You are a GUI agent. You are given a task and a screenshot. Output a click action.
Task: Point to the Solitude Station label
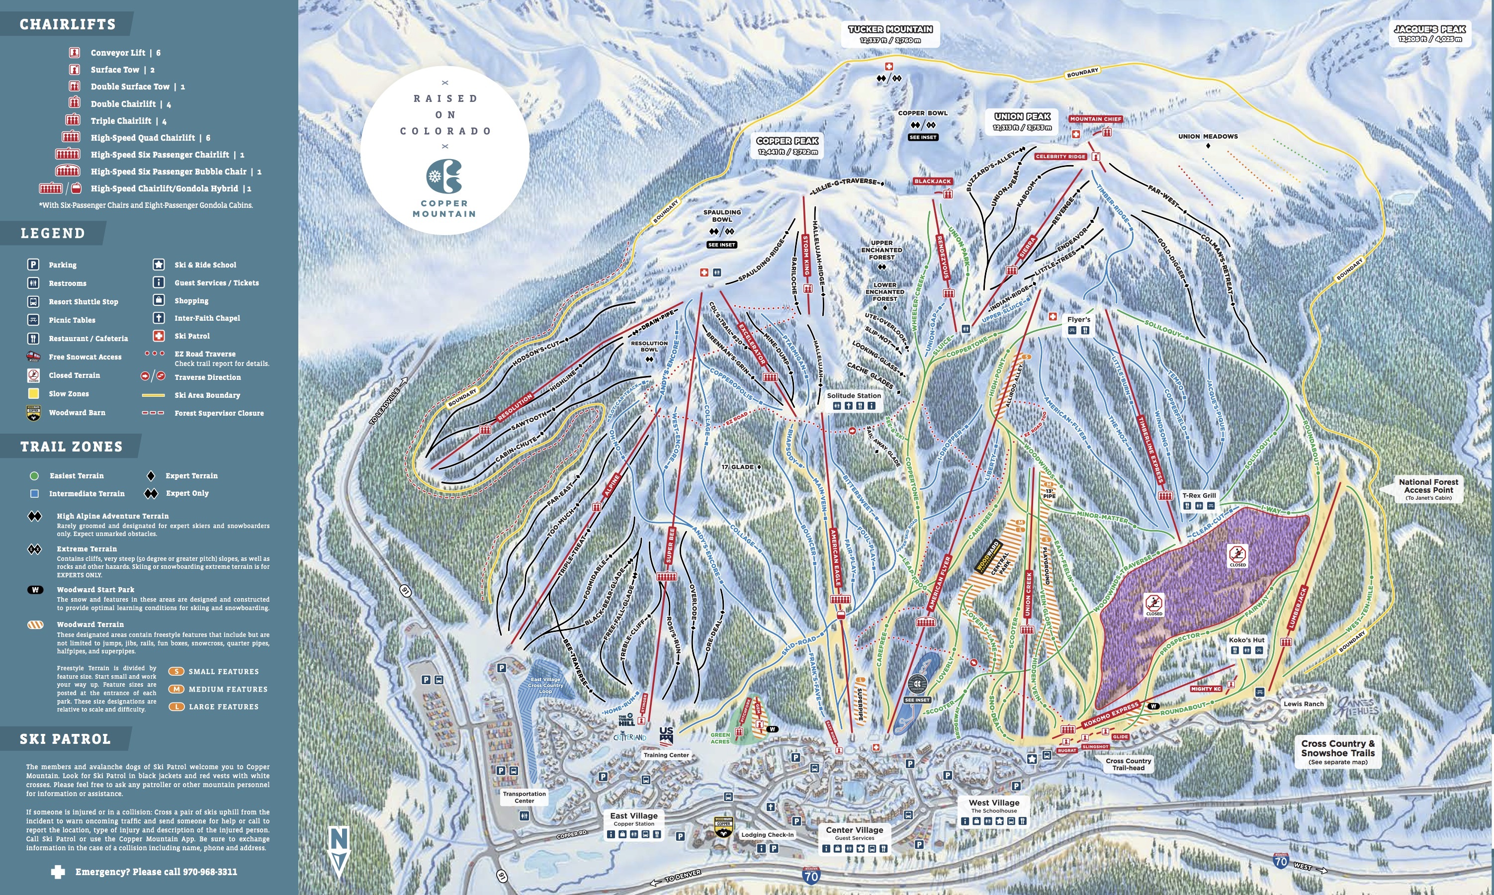(854, 396)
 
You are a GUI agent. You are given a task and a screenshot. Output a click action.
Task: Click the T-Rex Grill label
(1199, 495)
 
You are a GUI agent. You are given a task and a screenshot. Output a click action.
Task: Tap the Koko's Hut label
(1246, 640)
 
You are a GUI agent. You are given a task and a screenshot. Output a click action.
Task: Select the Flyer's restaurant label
(1078, 320)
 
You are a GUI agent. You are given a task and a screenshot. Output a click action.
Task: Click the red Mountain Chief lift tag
(1095, 119)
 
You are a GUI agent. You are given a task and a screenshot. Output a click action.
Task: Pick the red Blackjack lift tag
(932, 181)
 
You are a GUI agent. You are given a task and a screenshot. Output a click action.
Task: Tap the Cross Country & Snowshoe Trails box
(1337, 751)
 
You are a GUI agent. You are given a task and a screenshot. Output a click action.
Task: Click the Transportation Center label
(524, 797)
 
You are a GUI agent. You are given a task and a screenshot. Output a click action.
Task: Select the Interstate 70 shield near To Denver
(811, 876)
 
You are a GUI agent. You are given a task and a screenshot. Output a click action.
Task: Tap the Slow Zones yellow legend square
(34, 394)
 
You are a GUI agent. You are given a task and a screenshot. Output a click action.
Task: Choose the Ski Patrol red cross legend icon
(159, 336)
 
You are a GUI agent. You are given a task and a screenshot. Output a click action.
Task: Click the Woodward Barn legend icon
(34, 413)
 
